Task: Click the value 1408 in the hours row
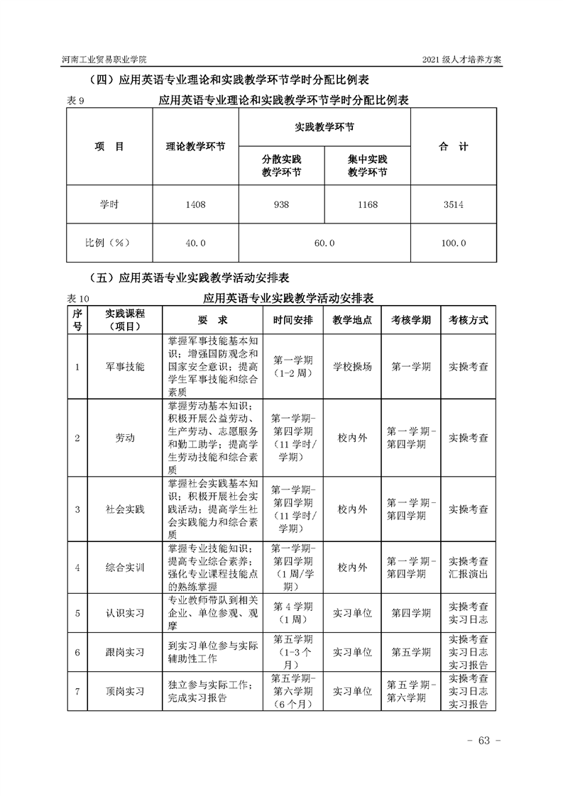(x=195, y=205)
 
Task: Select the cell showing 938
(x=281, y=205)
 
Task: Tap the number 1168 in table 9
(x=367, y=205)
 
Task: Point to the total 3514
(x=453, y=205)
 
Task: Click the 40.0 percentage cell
(x=195, y=243)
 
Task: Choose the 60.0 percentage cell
(x=324, y=243)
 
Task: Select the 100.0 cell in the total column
(x=453, y=243)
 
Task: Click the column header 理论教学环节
(x=195, y=147)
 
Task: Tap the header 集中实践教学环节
(x=367, y=166)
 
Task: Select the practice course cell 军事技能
(x=124, y=367)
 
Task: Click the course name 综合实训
(x=124, y=568)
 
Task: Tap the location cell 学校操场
(x=352, y=367)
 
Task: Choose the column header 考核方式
(x=468, y=320)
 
